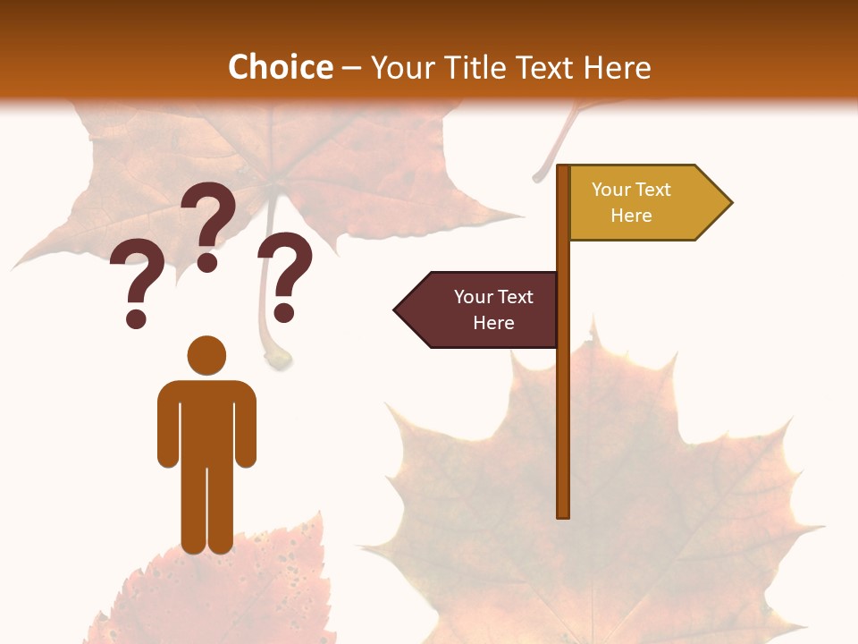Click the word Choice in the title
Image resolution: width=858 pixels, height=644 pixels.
280,67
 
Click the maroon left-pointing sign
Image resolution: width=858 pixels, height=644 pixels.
483,309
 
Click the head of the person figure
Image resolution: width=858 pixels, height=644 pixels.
206,355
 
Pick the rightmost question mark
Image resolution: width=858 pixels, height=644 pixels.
285,276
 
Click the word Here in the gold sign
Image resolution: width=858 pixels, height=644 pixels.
631,216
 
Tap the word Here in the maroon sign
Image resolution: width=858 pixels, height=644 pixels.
493,323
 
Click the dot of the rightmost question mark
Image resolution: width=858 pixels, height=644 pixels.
284,313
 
